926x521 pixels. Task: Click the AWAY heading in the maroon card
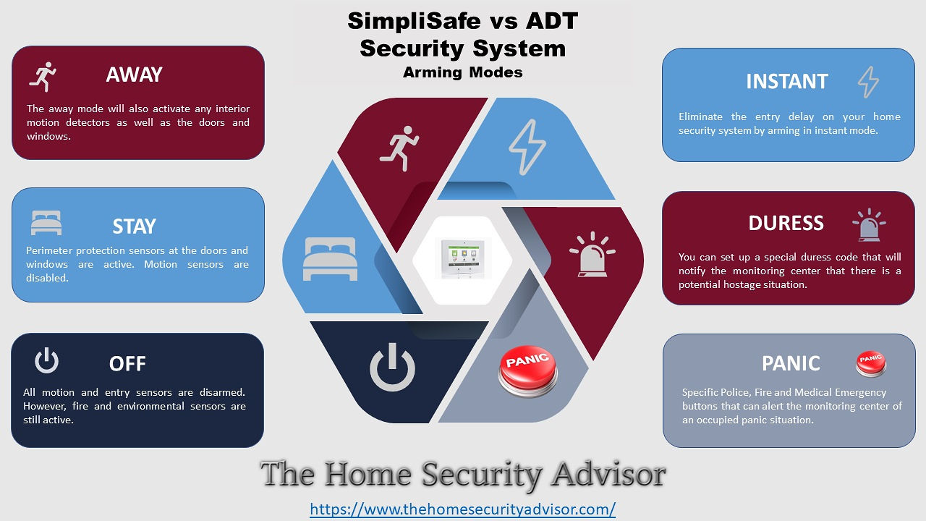pyautogui.click(x=134, y=75)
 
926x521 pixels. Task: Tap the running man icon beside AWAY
pyautogui.click(x=43, y=77)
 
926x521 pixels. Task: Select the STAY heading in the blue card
pyautogui.click(x=135, y=226)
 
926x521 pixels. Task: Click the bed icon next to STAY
pyautogui.click(x=46, y=223)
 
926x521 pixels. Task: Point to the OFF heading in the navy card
pyautogui.click(x=127, y=364)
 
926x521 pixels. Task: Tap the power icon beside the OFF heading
pyautogui.click(x=46, y=361)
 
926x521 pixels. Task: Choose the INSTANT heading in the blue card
pyautogui.click(x=786, y=82)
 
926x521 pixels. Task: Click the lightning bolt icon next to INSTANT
pyautogui.click(x=868, y=82)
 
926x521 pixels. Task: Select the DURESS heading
pyautogui.click(x=786, y=224)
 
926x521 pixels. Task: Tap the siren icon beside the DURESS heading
pyautogui.click(x=869, y=225)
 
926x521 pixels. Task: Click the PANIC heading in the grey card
pyautogui.click(x=791, y=364)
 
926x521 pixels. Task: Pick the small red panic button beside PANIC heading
pyautogui.click(x=870, y=364)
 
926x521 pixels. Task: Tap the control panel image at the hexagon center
pyautogui.click(x=462, y=258)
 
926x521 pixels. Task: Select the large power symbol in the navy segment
pyautogui.click(x=392, y=367)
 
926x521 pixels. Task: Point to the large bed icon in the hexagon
pyautogui.click(x=330, y=259)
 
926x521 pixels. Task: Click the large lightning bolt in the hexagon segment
pyautogui.click(x=527, y=147)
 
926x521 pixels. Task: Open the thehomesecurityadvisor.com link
pyautogui.click(x=462, y=509)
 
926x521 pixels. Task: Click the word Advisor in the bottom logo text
pyautogui.click(x=608, y=474)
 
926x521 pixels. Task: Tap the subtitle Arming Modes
pyautogui.click(x=462, y=72)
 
